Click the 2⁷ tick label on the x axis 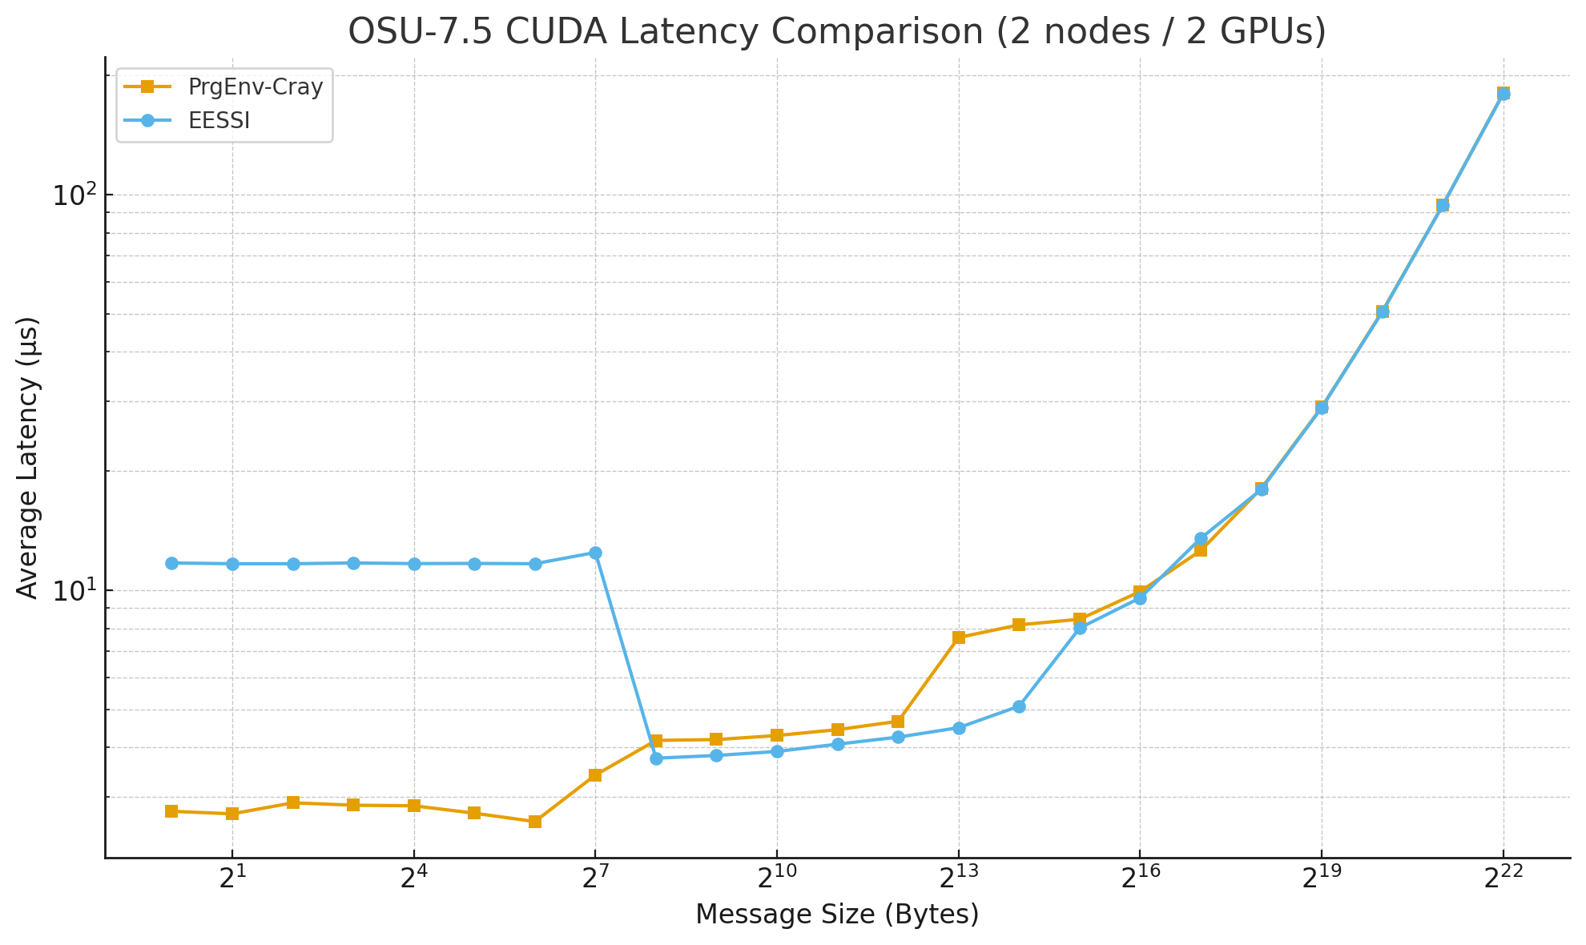[595, 879]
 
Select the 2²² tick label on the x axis [1503, 879]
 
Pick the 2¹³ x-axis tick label [958, 879]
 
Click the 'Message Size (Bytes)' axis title [837, 915]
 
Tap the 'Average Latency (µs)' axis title [28, 458]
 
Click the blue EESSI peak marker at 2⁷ [595, 553]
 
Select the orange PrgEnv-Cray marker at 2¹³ [959, 637]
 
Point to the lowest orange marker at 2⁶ [535, 822]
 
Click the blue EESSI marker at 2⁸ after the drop [656, 758]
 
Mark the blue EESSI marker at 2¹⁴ [1019, 706]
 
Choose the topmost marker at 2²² [1503, 94]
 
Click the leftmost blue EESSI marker [171, 563]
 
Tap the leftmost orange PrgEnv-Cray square [171, 811]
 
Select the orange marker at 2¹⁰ [777, 735]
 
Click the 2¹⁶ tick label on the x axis [1140, 879]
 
